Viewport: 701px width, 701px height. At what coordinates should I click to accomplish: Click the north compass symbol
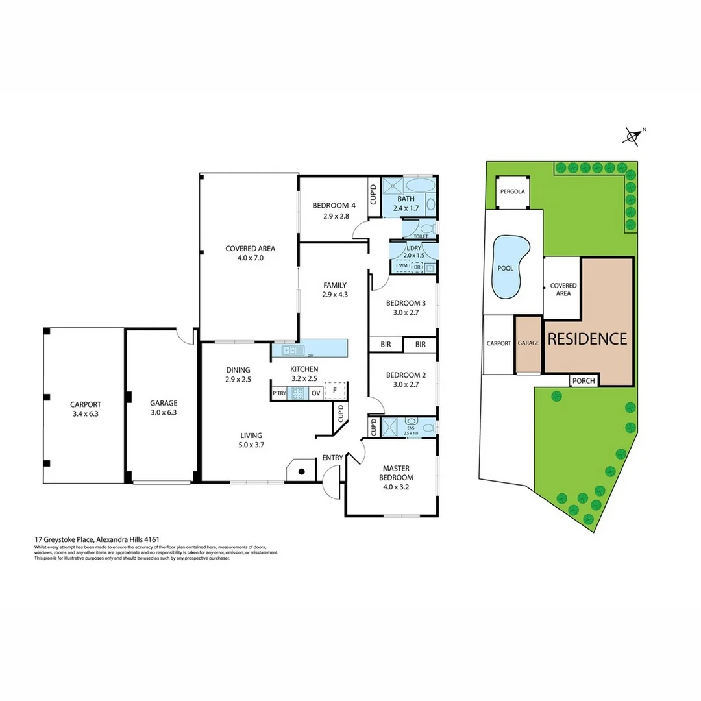[x=632, y=135]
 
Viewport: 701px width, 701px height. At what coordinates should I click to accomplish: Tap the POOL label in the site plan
[x=506, y=268]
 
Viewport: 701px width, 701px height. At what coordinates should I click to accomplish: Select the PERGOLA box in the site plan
[x=512, y=192]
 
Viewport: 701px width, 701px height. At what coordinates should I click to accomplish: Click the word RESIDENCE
[x=587, y=339]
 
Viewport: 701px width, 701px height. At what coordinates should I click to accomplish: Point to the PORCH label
[x=584, y=381]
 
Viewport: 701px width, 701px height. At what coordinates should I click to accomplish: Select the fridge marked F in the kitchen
[x=335, y=391]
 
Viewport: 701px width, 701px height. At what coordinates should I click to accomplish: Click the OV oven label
[x=315, y=393]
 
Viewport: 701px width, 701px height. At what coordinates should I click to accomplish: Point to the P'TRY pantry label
[x=279, y=393]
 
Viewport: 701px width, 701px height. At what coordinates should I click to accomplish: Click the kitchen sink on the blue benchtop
[x=289, y=350]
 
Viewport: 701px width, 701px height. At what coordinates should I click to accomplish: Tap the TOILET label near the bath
[x=412, y=236]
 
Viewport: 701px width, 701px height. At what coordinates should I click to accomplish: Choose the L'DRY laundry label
[x=414, y=249]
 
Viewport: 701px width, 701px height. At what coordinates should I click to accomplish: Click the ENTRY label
[x=332, y=458]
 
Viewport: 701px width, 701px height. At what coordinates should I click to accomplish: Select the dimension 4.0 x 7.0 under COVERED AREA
[x=250, y=258]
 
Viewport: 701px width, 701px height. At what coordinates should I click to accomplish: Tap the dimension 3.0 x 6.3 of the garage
[x=163, y=412]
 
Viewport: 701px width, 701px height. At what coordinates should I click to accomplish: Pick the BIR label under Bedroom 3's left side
[x=386, y=345]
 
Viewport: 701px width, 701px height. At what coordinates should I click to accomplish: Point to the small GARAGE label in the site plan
[x=528, y=343]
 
